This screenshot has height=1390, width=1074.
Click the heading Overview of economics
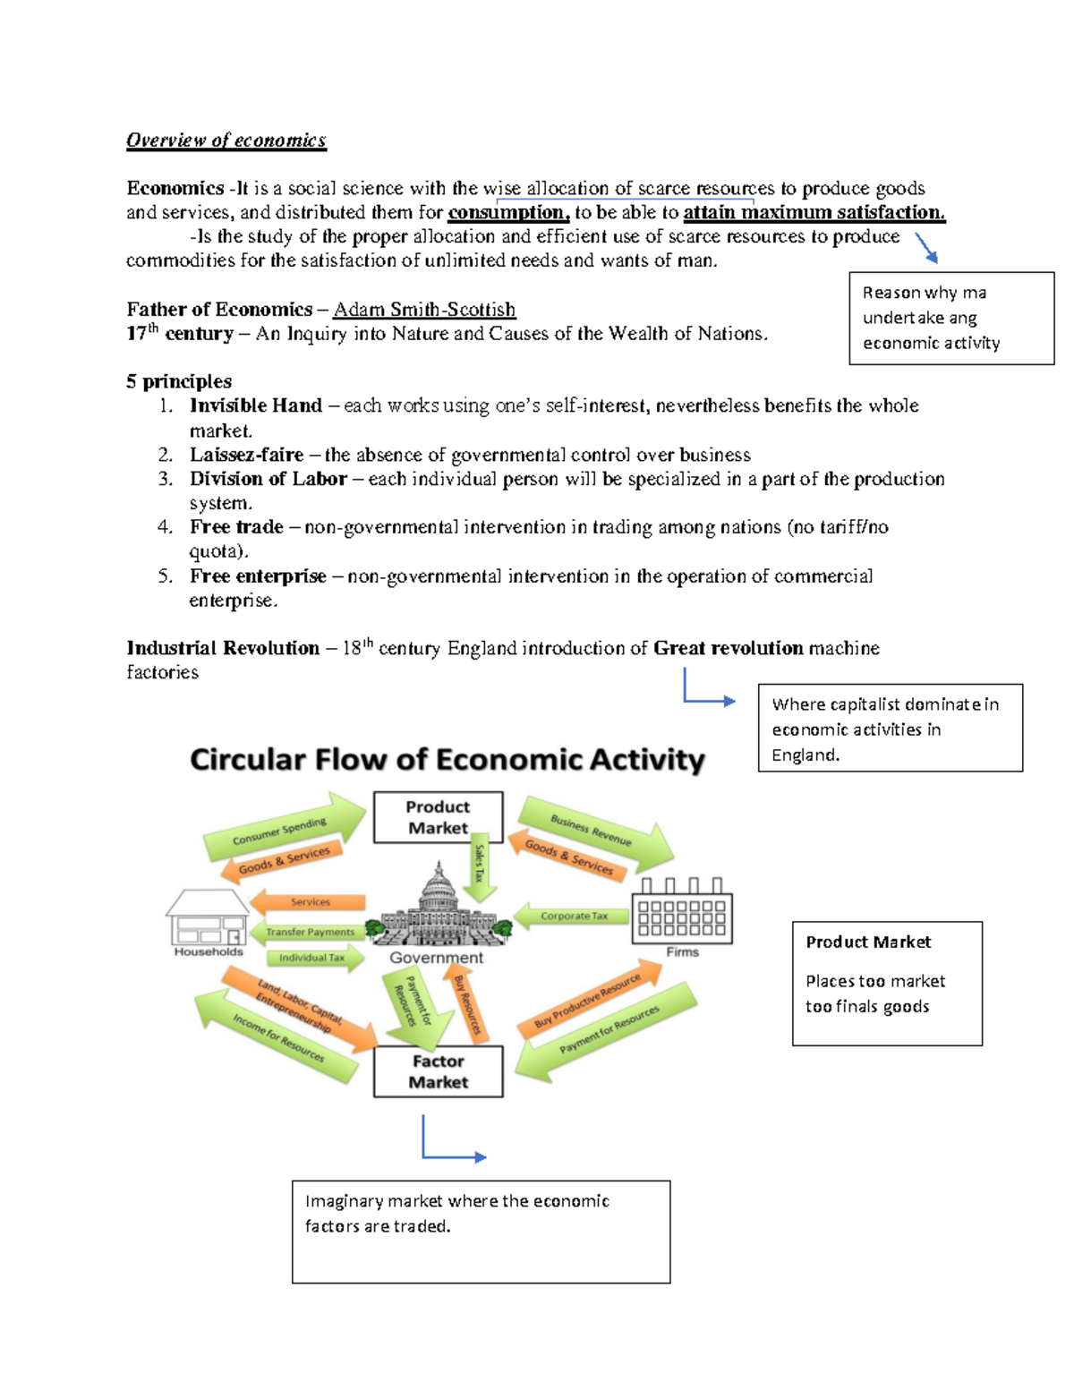(226, 141)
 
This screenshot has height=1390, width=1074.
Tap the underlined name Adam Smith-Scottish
(424, 310)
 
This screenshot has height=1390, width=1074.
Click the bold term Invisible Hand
(256, 405)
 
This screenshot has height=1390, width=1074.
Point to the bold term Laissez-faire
(246, 455)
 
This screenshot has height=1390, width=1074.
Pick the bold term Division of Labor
(268, 479)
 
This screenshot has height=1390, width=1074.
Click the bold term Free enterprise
(258, 576)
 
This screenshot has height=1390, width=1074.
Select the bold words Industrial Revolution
(223, 648)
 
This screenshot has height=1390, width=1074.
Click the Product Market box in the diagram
(438, 817)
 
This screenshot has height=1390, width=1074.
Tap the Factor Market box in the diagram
(438, 1071)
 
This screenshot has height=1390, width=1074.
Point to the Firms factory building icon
(682, 912)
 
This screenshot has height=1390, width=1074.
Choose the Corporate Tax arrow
(572, 916)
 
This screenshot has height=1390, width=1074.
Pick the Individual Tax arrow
(313, 958)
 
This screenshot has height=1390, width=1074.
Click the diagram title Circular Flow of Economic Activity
(447, 760)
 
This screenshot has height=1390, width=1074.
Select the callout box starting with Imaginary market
(481, 1232)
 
